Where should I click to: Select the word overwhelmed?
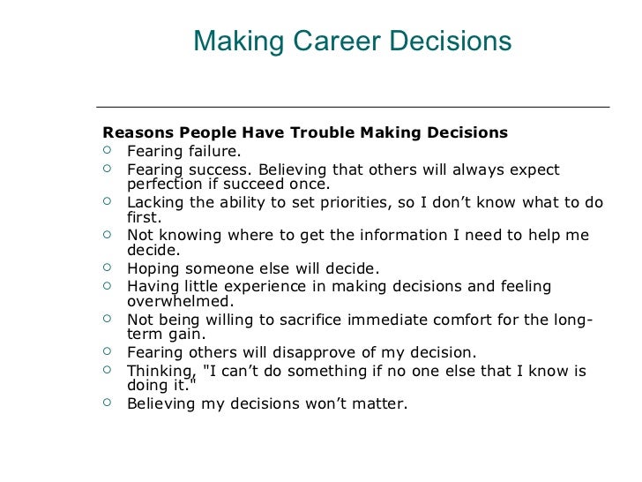point(178,301)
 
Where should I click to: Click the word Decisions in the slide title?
point(455,41)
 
